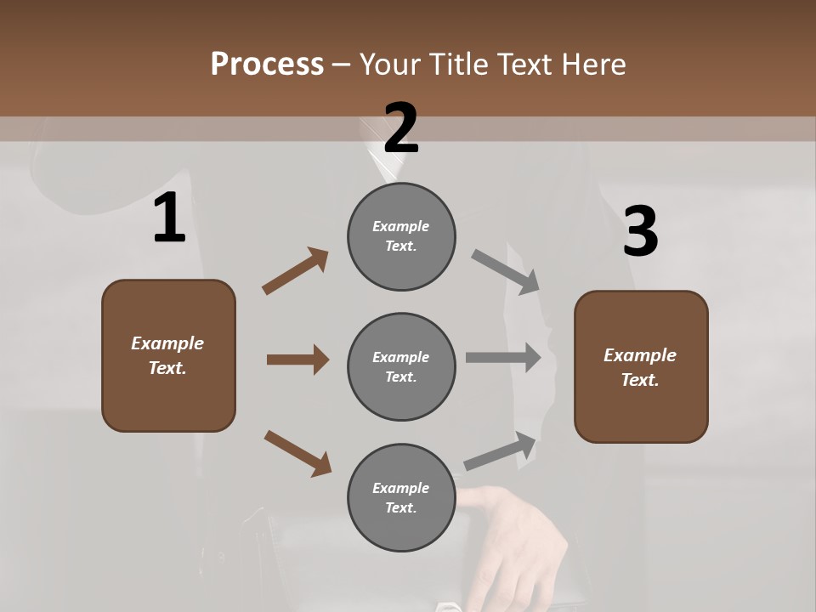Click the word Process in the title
tap(267, 64)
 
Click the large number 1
tap(169, 218)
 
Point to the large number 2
tap(401, 128)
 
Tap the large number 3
tap(640, 232)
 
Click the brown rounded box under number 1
tap(168, 355)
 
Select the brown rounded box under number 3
tap(641, 367)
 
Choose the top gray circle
tap(401, 236)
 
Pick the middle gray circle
tap(401, 366)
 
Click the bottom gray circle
tap(401, 497)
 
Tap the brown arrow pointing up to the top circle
tap(296, 270)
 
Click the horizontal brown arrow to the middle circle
tap(297, 360)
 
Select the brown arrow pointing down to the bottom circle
tap(297, 453)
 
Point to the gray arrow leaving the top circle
tap(506, 271)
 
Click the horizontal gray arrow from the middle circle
tap(503, 358)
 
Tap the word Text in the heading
tap(527, 64)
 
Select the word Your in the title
tap(388, 64)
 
